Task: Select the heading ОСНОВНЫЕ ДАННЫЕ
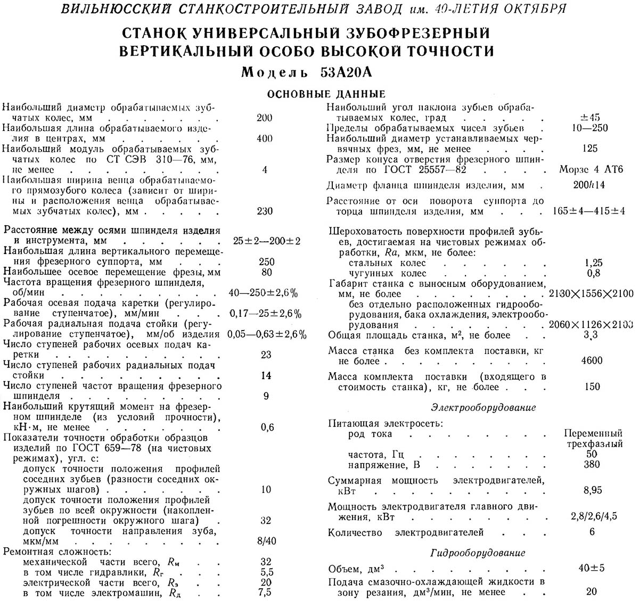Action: pyautogui.click(x=326, y=94)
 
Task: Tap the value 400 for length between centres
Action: pyautogui.click(x=264, y=138)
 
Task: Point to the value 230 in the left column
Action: pyautogui.click(x=264, y=211)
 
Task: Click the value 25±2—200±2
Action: pyautogui.click(x=266, y=241)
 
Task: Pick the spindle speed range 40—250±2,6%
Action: pyautogui.click(x=263, y=293)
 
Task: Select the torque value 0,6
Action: pyautogui.click(x=267, y=427)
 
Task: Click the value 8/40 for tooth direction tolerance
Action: pyautogui.click(x=267, y=541)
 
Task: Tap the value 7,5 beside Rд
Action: pyautogui.click(x=266, y=592)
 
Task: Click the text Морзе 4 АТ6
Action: pyautogui.click(x=591, y=169)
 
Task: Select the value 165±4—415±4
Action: pyautogui.click(x=589, y=211)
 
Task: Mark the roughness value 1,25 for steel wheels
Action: pyautogui.click(x=593, y=262)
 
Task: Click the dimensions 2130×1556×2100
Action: pyautogui.click(x=591, y=293)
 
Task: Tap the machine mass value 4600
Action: pyautogui.click(x=592, y=360)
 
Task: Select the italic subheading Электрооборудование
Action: pyautogui.click(x=483, y=407)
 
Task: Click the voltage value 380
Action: pyautogui.click(x=592, y=464)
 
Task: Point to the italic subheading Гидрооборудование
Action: pyautogui.click(x=478, y=553)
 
